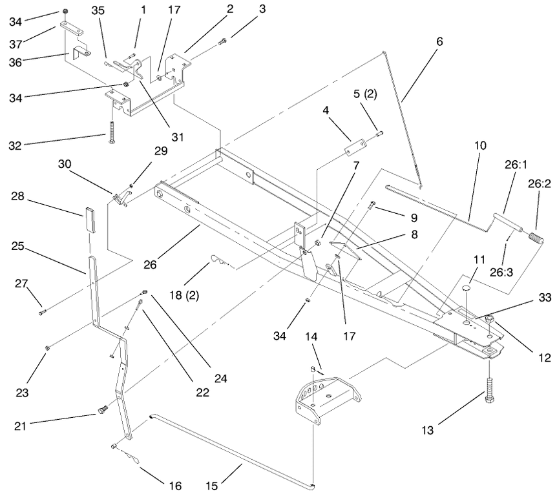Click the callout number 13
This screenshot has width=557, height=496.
pyautogui.click(x=428, y=430)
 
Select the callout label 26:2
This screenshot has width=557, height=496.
pyautogui.click(x=539, y=183)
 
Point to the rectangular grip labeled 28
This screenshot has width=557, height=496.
pyautogui.click(x=90, y=220)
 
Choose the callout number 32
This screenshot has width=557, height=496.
pyautogui.click(x=15, y=145)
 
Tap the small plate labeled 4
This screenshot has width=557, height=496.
pyautogui.click(x=356, y=147)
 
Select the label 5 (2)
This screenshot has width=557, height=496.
pyautogui.click(x=365, y=94)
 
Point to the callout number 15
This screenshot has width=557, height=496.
pyautogui.click(x=212, y=486)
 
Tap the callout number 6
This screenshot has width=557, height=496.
pyautogui.click(x=439, y=41)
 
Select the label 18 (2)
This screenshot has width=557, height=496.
pyautogui.click(x=184, y=295)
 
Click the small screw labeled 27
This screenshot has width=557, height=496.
pyautogui.click(x=43, y=313)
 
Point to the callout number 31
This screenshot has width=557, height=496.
pyautogui.click(x=178, y=137)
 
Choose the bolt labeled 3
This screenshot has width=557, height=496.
pyautogui.click(x=222, y=42)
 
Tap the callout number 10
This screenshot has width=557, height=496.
pyautogui.click(x=480, y=145)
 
